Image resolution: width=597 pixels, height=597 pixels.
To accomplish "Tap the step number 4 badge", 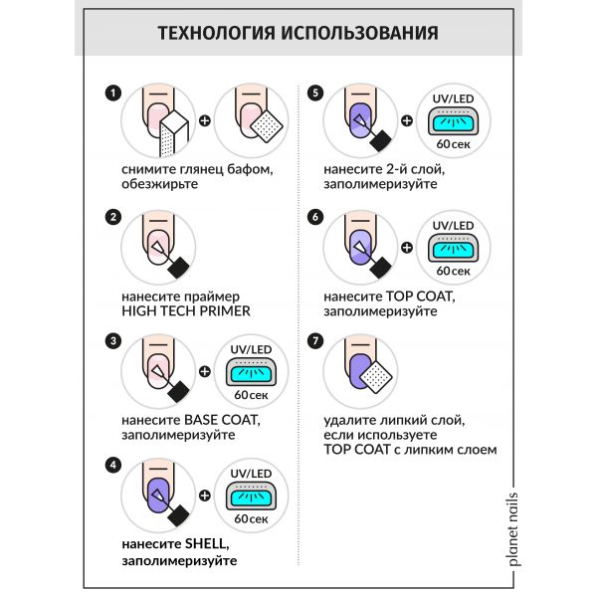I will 113,465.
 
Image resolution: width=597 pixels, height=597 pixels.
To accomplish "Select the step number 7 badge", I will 316,340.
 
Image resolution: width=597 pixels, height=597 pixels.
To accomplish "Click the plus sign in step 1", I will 204,123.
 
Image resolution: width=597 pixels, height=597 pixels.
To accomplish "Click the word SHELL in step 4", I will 208,545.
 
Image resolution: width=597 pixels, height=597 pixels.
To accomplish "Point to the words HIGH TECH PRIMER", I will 184,310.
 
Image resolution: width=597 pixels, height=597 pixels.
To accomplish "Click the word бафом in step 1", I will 247,170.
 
